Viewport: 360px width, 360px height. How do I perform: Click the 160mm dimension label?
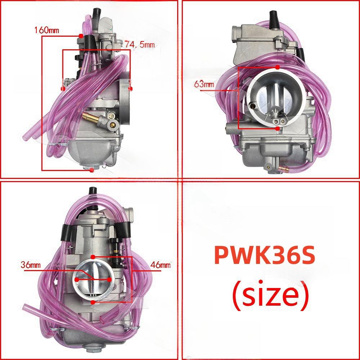click(x=46, y=30)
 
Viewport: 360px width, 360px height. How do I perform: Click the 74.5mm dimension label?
click(x=140, y=45)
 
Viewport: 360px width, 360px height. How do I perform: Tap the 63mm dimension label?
click(x=204, y=85)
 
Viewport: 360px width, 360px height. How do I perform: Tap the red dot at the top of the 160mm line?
click(x=81, y=36)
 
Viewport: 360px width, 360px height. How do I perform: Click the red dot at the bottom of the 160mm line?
click(x=91, y=170)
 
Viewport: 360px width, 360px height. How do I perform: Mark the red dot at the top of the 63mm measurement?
click(x=277, y=67)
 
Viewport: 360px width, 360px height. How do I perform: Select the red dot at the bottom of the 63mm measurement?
click(x=277, y=128)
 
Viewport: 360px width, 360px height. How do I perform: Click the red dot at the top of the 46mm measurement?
click(x=93, y=257)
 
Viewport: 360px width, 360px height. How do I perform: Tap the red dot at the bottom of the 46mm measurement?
click(x=93, y=303)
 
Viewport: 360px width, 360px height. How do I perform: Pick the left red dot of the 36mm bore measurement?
click(x=77, y=279)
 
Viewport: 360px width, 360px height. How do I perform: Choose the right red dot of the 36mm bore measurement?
click(x=109, y=279)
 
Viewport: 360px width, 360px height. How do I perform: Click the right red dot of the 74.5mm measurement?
click(x=130, y=88)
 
